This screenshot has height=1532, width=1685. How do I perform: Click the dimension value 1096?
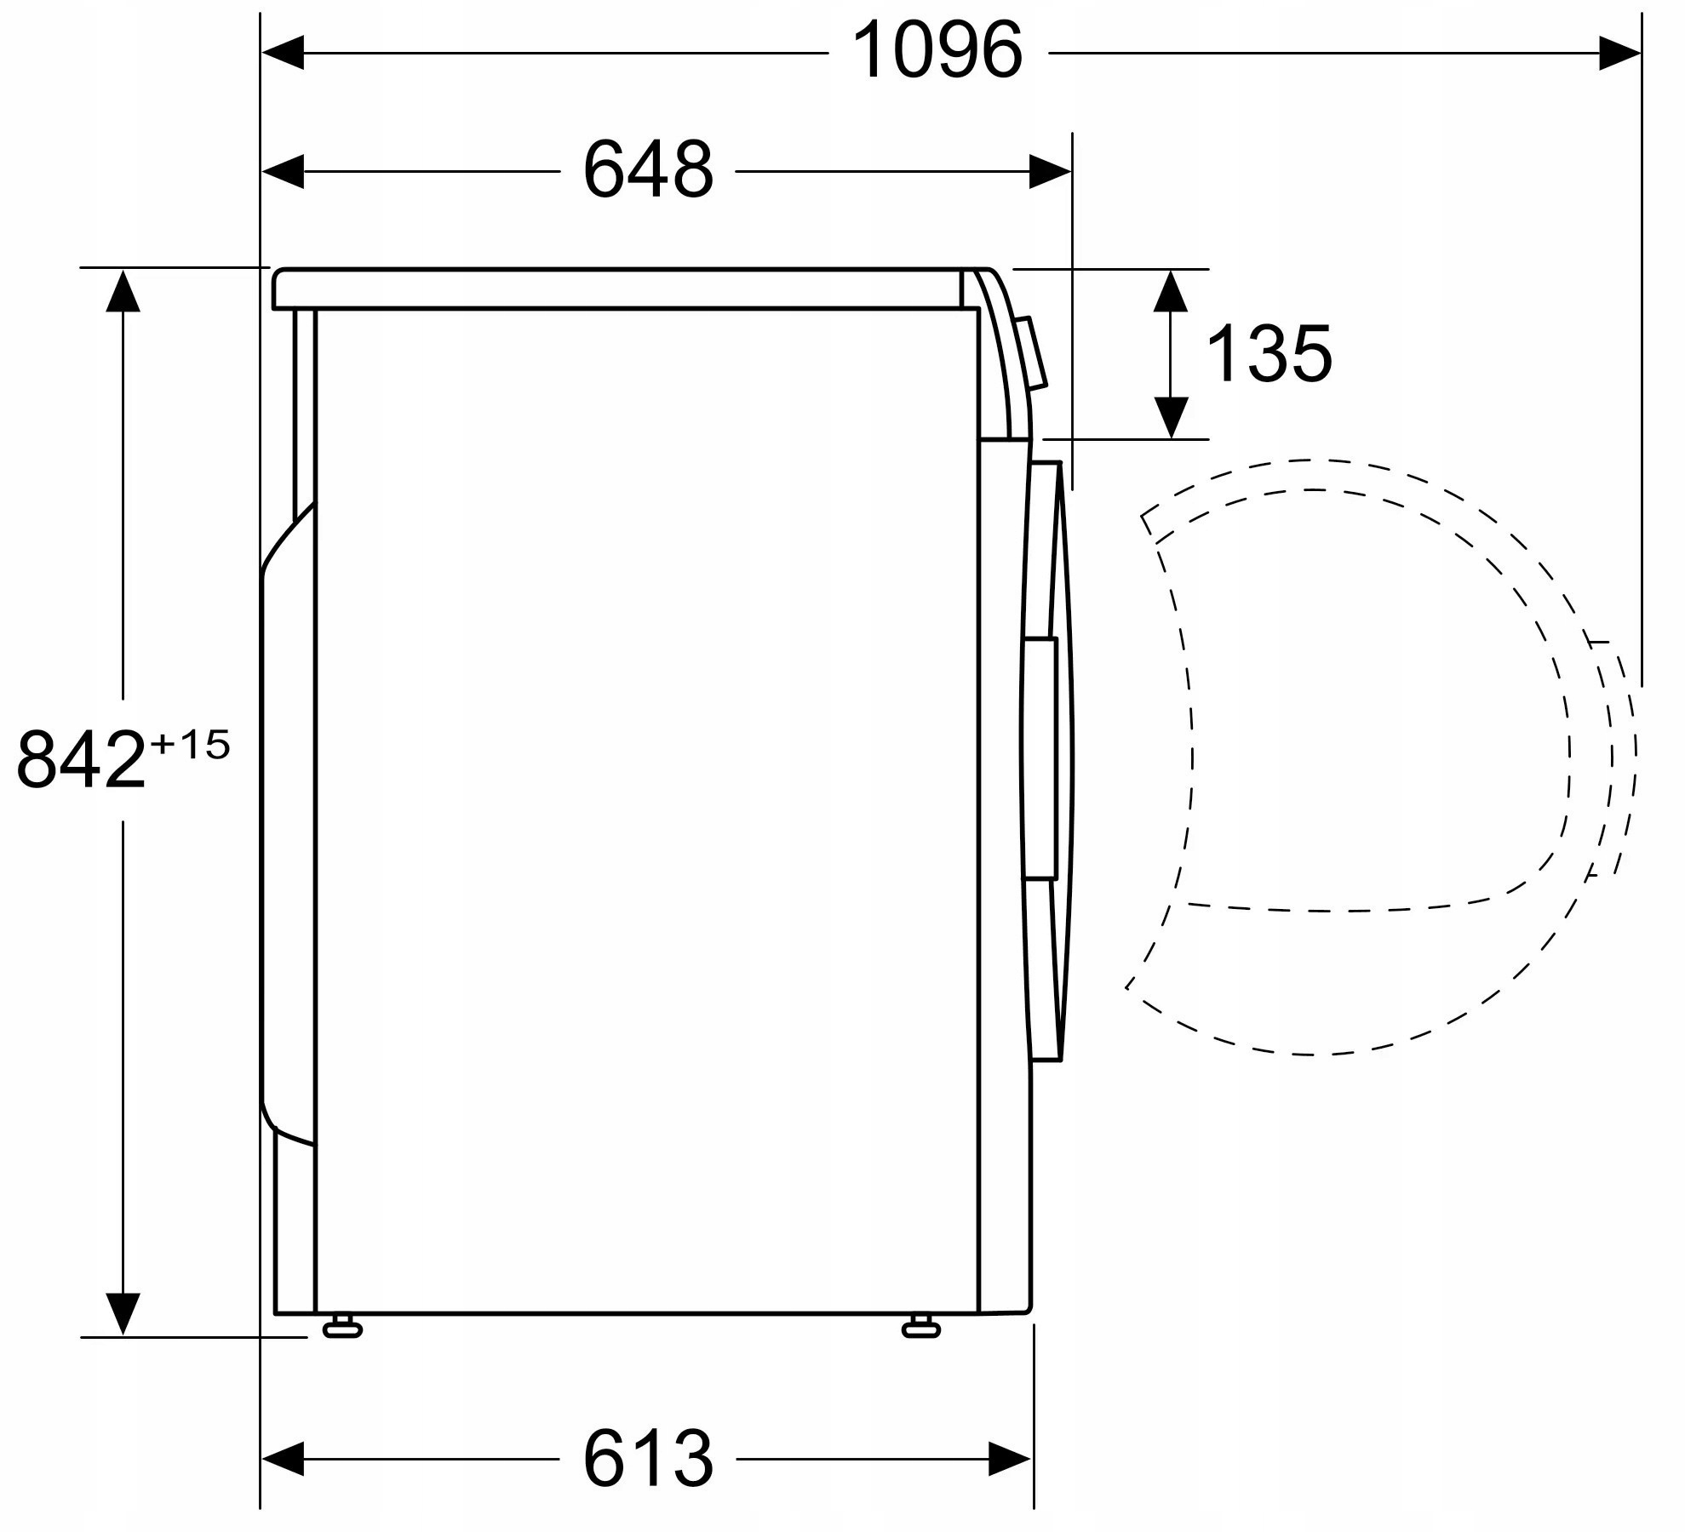click(x=937, y=51)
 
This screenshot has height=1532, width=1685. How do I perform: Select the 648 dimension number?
click(x=648, y=170)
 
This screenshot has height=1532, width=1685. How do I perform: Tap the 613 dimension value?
click(x=648, y=1459)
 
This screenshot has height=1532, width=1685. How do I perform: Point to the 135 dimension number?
click(x=1269, y=354)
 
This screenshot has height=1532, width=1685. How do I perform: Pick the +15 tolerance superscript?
click(x=190, y=746)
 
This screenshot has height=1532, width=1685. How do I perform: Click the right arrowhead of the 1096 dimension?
click(x=1619, y=53)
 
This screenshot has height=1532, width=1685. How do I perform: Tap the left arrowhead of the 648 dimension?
click(x=283, y=171)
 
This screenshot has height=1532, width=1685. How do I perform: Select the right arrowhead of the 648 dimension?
click(x=1050, y=171)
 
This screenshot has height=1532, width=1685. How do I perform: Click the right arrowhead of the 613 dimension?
click(x=1010, y=1459)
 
